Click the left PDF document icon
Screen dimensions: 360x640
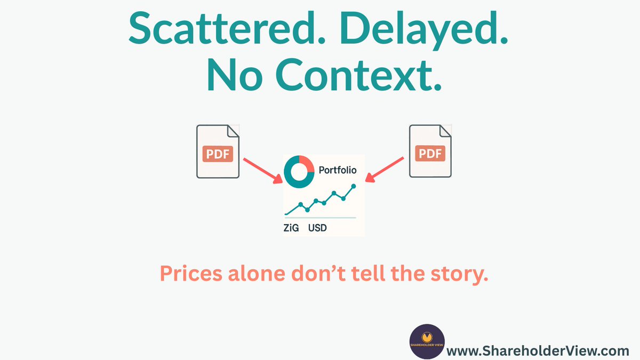218,151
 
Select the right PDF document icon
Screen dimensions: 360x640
430,151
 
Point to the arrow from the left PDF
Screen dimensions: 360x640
262,170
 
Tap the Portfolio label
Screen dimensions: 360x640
337,171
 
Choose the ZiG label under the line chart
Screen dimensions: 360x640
291,228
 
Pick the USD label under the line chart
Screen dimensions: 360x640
317,228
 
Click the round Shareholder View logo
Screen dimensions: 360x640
427,341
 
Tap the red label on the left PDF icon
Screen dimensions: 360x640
218,154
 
